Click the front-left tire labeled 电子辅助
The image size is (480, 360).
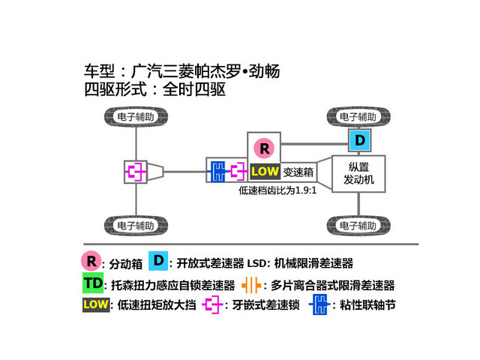pyautogui.click(x=136, y=118)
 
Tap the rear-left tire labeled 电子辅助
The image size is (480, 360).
pyautogui.click(x=136, y=225)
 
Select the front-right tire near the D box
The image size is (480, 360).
pyautogui.click(x=358, y=118)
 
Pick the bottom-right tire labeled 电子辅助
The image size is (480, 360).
pyautogui.click(x=358, y=225)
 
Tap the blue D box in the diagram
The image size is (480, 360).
pyautogui.click(x=359, y=140)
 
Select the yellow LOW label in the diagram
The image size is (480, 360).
pyautogui.click(x=265, y=172)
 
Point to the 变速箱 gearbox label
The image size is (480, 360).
pyautogui.click(x=298, y=172)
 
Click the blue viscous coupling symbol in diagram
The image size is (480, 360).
pyautogui.click(x=217, y=172)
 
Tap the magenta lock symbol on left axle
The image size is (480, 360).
pyautogui.click(x=136, y=172)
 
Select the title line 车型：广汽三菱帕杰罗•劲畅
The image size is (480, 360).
pyautogui.click(x=184, y=73)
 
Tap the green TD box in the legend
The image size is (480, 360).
pyautogui.click(x=94, y=283)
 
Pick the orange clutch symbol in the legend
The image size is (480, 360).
pyautogui.click(x=253, y=285)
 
